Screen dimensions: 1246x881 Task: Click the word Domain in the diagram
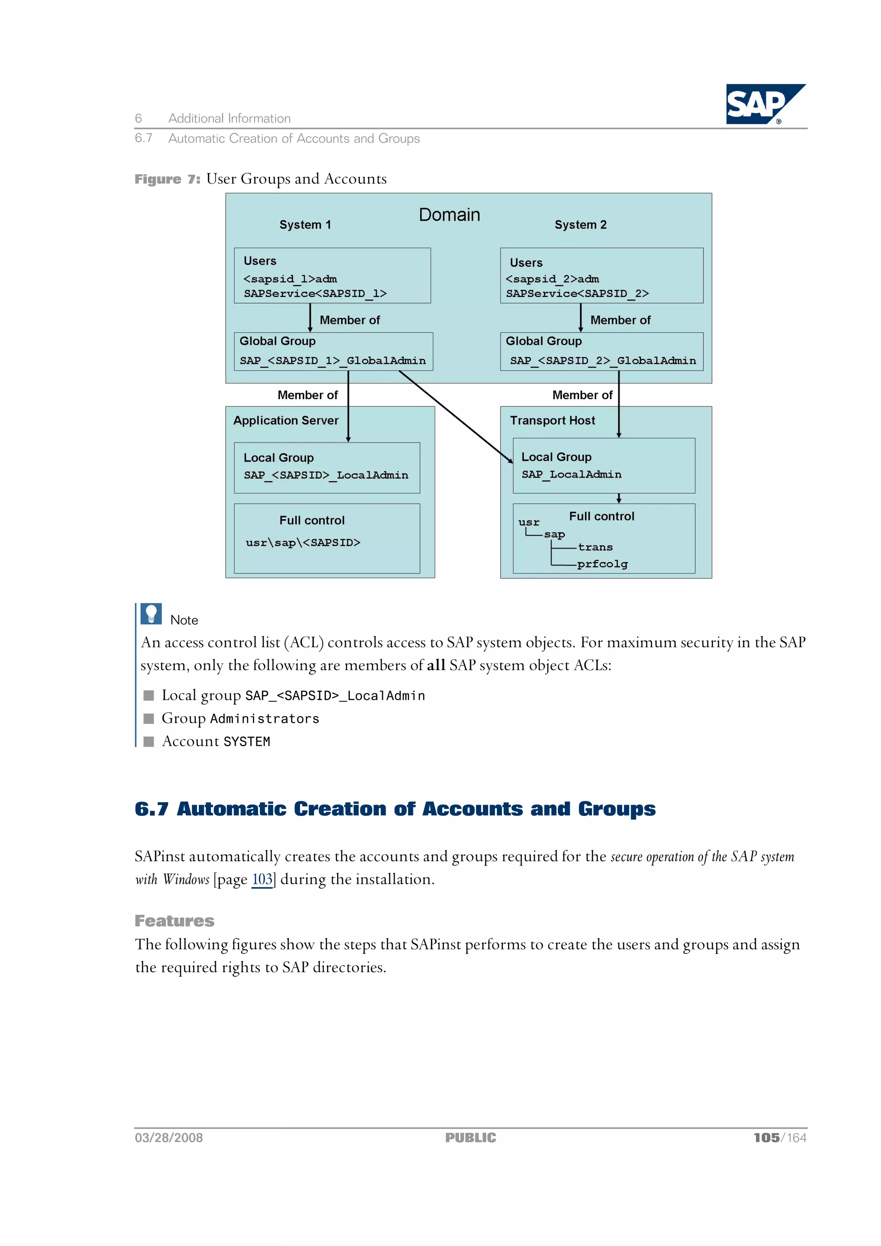[449, 215]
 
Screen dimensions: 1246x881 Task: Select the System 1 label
[305, 225]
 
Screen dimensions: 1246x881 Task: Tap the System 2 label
[580, 225]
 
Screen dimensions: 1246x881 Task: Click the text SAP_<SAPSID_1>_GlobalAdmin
[333, 361]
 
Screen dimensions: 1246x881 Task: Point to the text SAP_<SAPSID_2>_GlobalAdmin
[603, 361]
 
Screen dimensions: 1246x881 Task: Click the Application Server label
[286, 421]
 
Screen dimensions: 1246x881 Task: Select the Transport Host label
[552, 421]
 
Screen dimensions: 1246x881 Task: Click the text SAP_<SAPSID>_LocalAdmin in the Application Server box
[326, 475]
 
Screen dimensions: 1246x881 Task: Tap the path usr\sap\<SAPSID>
[303, 543]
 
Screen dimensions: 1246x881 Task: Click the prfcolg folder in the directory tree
[602, 564]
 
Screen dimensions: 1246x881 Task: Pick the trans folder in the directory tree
[595, 548]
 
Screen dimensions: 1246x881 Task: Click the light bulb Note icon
[151, 614]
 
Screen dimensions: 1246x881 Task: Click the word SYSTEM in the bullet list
[246, 742]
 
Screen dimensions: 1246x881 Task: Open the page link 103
[262, 879]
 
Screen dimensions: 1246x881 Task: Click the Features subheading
[174, 921]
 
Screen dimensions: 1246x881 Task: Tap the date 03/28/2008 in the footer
[169, 1138]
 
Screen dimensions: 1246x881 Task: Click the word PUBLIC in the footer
[470, 1138]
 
